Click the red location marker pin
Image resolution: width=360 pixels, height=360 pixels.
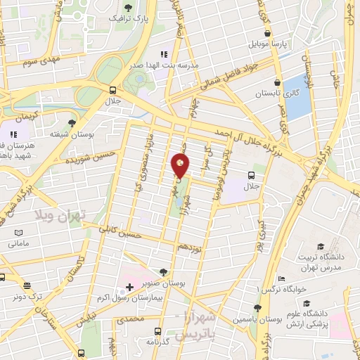(181, 165)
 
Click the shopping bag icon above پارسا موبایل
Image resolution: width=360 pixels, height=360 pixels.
(266, 32)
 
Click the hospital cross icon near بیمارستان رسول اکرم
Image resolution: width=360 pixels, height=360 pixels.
(129, 286)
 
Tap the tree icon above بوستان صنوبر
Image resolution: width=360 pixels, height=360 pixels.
(163, 271)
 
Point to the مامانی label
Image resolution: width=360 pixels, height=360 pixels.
(18, 243)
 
